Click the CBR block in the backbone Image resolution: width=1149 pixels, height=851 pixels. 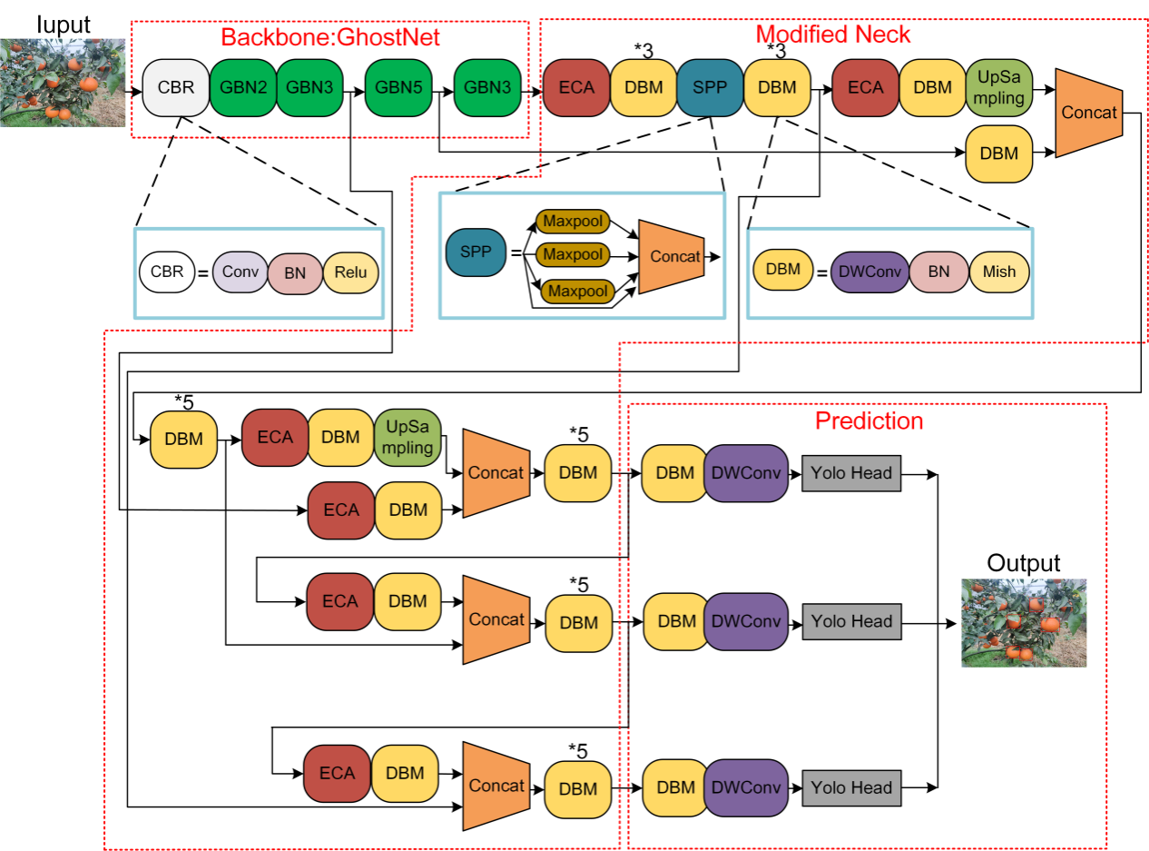[175, 88]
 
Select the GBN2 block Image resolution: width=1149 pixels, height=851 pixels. [242, 88]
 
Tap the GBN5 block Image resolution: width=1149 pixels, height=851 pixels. [398, 88]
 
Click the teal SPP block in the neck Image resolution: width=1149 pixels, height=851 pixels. [710, 88]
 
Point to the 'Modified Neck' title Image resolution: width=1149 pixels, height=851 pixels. [833, 35]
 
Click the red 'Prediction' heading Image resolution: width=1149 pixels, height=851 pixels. [869, 421]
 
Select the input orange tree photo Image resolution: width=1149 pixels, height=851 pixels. [63, 83]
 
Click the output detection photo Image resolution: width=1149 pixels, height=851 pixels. [1024, 623]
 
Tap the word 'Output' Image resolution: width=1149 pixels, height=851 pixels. [1023, 562]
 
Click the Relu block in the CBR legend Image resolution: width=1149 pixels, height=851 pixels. [350, 272]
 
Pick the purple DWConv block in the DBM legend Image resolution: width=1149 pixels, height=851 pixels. [869, 272]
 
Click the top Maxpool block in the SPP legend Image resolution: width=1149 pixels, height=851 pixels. [573, 221]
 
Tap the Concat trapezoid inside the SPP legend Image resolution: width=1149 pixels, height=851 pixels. [673, 256]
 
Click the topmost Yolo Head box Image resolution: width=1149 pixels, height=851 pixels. [851, 473]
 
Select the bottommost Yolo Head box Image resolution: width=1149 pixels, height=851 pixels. [851, 788]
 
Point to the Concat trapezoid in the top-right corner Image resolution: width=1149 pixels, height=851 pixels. [1089, 112]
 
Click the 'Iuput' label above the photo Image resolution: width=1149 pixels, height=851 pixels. [64, 25]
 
